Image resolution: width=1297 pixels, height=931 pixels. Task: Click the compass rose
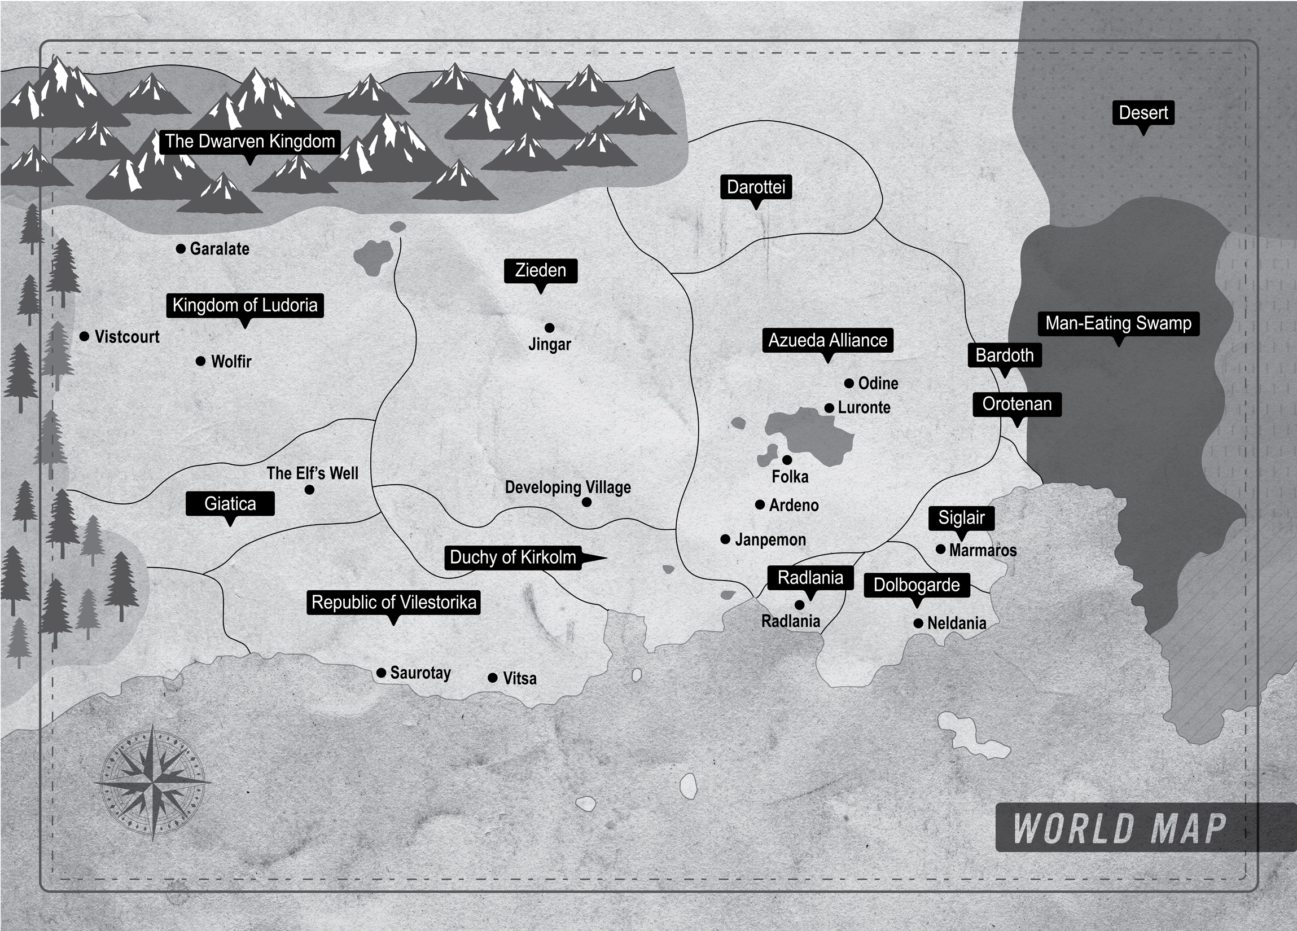(x=154, y=781)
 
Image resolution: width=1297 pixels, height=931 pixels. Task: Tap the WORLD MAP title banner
(x=1120, y=828)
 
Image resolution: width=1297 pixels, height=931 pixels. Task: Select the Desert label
(x=1143, y=113)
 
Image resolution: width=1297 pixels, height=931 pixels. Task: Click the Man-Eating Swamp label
(x=1118, y=324)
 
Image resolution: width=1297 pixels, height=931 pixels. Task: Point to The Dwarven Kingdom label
(x=250, y=141)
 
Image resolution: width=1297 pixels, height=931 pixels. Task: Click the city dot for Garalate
(x=181, y=249)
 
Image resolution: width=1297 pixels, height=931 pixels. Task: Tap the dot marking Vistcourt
(x=84, y=336)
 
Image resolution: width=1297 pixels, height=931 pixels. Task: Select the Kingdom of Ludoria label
(x=245, y=305)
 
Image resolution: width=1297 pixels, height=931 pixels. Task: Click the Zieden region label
(x=541, y=270)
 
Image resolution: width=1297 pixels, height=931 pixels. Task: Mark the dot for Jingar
(x=550, y=328)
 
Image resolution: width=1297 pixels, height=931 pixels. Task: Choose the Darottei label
(x=756, y=187)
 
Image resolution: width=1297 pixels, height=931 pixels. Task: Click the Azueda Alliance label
(x=827, y=340)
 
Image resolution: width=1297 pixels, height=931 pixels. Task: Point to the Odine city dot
(x=849, y=383)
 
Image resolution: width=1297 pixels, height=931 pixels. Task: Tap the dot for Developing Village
(x=586, y=502)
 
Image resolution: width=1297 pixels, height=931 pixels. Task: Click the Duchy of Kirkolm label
(x=513, y=557)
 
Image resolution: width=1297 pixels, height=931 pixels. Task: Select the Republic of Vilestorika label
(x=393, y=602)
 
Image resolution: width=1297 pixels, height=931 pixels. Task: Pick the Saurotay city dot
(x=382, y=673)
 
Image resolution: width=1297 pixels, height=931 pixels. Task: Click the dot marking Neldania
(x=918, y=623)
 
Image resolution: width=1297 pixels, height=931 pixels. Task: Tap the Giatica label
(x=230, y=504)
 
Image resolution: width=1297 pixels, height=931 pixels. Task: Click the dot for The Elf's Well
(x=309, y=490)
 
